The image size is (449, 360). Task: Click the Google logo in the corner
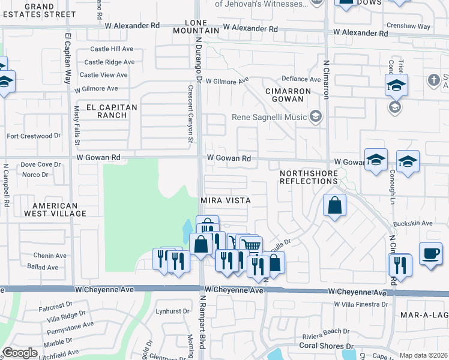(19, 353)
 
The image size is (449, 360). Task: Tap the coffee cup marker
(430, 253)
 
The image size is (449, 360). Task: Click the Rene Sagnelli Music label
(270, 117)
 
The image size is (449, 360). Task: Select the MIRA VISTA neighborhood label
(225, 200)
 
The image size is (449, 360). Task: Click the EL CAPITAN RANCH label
(112, 111)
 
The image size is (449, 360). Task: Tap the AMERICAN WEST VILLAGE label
(51, 209)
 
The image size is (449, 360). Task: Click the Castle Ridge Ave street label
(109, 62)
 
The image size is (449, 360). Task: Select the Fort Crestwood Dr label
(34, 136)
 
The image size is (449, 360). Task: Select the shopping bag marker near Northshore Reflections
(334, 205)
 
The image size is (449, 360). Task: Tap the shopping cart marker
(251, 245)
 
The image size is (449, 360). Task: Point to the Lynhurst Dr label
(168, 311)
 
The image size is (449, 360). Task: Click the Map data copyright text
(423, 355)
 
